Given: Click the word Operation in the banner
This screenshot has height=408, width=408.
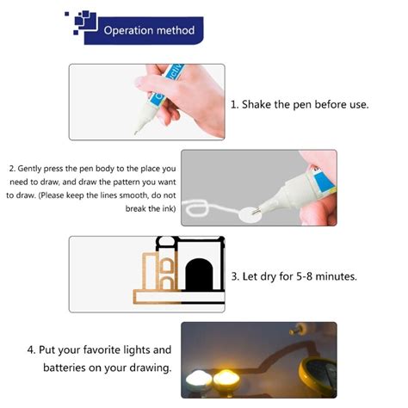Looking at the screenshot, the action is [128, 31].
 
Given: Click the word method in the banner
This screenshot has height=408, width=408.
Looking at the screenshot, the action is [176, 30].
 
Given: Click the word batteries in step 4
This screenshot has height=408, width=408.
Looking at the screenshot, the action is [65, 368].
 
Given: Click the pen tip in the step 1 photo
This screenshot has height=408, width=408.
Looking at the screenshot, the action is [135, 133].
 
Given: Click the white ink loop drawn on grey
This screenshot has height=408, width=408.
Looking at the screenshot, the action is [196, 208].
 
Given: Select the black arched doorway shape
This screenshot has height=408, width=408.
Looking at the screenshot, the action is [200, 275].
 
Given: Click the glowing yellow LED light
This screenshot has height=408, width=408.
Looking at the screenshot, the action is [226, 380].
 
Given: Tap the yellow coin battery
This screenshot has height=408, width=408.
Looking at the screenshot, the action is [318, 377].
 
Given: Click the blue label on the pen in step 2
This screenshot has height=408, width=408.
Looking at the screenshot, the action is [325, 182].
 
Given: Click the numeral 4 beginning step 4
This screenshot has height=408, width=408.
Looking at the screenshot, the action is [30, 350].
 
